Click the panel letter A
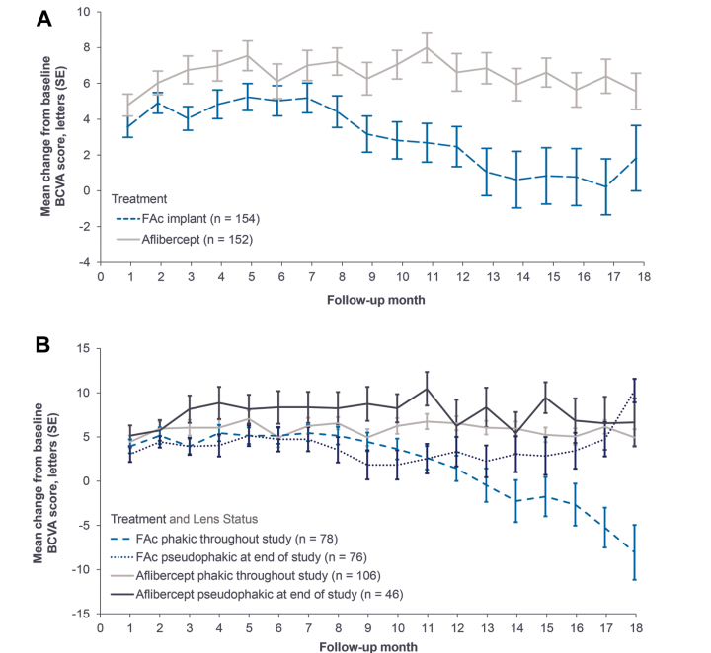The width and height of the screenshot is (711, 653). [x=43, y=19]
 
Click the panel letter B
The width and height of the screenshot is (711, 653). [x=42, y=345]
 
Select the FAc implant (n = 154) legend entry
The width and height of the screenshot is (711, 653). [x=189, y=219]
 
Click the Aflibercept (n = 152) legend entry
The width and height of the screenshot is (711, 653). [x=185, y=239]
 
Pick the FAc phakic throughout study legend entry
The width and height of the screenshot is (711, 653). [x=224, y=539]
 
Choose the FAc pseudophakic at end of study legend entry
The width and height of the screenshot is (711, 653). [x=239, y=557]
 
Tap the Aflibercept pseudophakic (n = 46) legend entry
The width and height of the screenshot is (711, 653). [x=257, y=594]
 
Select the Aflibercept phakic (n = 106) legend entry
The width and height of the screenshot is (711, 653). [x=246, y=575]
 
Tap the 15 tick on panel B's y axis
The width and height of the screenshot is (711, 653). [x=83, y=348]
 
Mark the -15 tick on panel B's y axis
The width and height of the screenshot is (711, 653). [x=81, y=614]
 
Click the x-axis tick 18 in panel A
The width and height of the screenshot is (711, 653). [x=644, y=276]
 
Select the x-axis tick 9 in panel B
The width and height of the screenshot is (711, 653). [x=367, y=628]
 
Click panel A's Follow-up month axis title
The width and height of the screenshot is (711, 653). [x=376, y=300]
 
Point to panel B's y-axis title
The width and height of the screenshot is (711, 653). [x=45, y=483]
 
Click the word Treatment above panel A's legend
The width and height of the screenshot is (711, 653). [x=139, y=199]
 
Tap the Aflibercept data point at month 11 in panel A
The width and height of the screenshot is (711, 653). [x=427, y=47]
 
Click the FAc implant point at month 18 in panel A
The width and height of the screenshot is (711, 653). [x=636, y=158]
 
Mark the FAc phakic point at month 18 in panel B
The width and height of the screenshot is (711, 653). [x=635, y=551]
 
